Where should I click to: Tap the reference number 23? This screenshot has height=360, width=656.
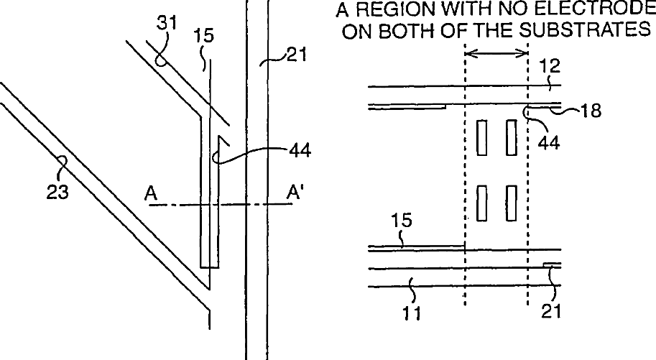coord(60,192)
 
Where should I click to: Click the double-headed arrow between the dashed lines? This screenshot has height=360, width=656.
coord(496,52)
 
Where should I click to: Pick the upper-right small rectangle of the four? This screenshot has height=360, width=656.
coord(512,137)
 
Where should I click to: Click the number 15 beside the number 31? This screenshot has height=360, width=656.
coord(204,35)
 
